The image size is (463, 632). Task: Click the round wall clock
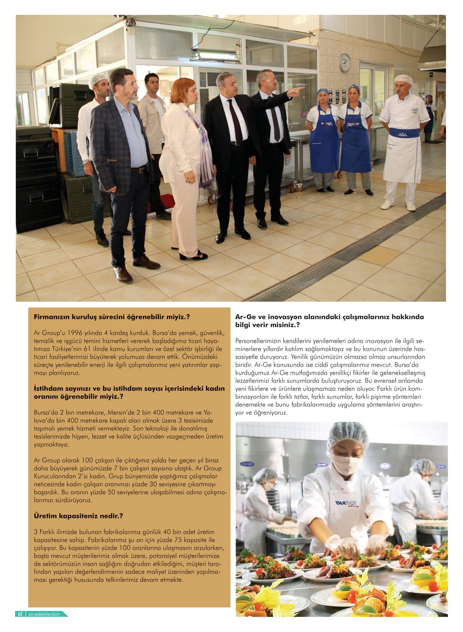(344, 63)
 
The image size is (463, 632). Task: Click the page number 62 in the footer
(20, 614)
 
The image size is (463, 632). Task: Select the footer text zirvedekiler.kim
(44, 614)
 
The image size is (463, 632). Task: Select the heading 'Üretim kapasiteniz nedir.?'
(78, 515)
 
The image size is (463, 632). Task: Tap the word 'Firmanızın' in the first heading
(51, 317)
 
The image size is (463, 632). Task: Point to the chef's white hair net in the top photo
(403, 79)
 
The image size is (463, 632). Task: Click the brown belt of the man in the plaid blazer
(139, 170)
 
